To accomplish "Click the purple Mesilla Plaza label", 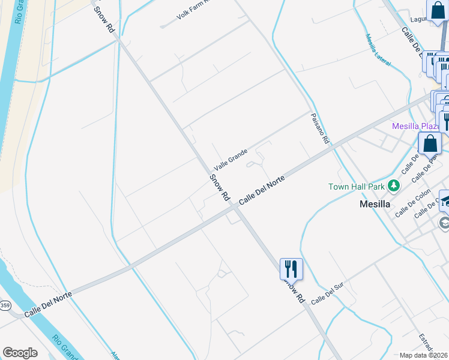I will point(416,126).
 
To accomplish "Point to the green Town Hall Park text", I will point(356,187).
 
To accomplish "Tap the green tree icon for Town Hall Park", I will point(394,186).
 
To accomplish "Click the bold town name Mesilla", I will point(375,203).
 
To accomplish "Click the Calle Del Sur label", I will point(327,294).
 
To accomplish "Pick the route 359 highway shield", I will point(5,306).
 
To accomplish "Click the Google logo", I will point(20,353).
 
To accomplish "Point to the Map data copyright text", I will point(424,355).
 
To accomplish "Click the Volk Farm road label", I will point(191,10).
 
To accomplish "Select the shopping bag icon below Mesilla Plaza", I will point(430,143).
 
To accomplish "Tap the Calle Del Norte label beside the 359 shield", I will point(48,304).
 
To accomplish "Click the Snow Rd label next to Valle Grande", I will point(220,187).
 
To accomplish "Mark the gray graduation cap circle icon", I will point(444,224).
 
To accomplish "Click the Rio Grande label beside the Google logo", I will point(64,347).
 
